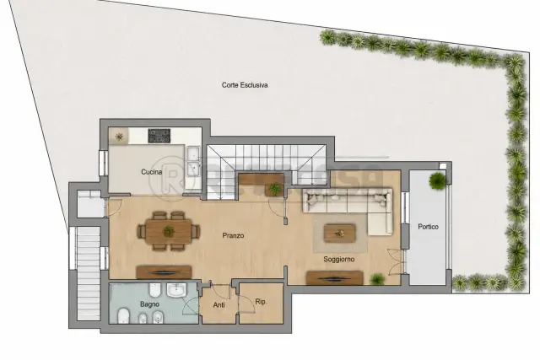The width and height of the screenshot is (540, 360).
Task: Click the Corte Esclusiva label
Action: [x=245, y=85]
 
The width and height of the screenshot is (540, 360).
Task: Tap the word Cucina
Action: [x=152, y=172]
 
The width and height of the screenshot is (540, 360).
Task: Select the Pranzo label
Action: [x=233, y=236]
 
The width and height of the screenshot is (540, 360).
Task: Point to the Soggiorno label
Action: [x=339, y=259]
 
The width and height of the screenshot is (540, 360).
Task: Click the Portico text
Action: [x=428, y=227]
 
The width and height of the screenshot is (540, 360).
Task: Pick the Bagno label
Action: [x=150, y=304]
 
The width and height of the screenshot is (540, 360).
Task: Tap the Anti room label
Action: [x=219, y=305]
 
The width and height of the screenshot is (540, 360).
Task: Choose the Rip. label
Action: [x=261, y=302]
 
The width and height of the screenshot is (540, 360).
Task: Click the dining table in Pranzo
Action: [x=169, y=231]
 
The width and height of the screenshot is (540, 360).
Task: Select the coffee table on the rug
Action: [x=339, y=234]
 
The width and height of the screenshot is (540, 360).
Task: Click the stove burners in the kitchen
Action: [x=159, y=136]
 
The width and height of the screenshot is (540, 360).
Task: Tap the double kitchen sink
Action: [x=193, y=161]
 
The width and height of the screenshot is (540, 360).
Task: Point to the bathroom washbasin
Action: [x=176, y=290]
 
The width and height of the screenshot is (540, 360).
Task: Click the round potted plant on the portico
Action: [x=437, y=180]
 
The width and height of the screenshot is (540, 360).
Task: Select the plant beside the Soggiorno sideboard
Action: [x=377, y=279]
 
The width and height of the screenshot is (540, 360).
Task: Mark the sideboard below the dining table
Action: [x=164, y=272]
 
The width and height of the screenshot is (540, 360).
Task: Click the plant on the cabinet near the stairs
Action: [x=275, y=189]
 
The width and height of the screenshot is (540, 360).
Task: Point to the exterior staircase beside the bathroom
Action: [x=89, y=274]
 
